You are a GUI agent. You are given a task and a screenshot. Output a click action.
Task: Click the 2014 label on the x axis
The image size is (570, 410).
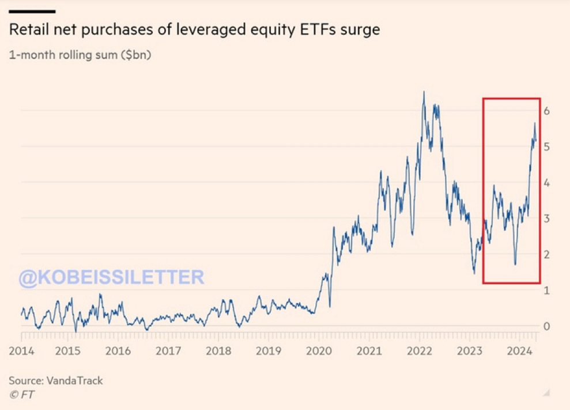click(22, 350)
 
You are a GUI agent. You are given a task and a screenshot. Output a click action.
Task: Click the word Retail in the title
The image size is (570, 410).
click(28, 29)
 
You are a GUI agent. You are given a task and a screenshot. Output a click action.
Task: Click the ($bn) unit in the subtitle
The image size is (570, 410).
click(134, 56)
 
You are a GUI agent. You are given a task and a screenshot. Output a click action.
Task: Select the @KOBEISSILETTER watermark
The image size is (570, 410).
click(111, 277)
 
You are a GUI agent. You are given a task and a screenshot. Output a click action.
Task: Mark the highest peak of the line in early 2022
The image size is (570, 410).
click(424, 92)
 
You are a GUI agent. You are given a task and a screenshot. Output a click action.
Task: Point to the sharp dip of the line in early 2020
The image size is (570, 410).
click(330, 306)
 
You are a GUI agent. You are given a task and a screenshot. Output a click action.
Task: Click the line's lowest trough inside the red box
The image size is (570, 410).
click(515, 264)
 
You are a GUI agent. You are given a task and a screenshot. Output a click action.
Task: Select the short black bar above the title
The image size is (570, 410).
click(32, 11)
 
